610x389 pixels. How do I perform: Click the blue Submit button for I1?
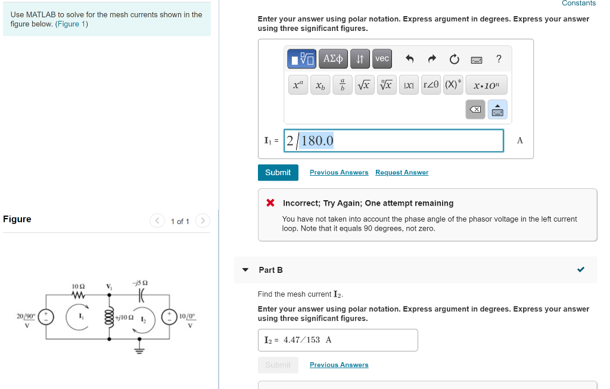pos(278,172)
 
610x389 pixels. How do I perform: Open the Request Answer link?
pos(402,173)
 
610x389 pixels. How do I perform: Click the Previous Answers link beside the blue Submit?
pos(339,173)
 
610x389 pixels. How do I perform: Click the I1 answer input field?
pos(393,141)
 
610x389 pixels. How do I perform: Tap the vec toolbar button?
pos(382,58)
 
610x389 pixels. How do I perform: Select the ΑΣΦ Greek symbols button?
pos(333,58)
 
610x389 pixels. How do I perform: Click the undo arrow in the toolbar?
pos(409,59)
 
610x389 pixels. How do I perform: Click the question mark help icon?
pos(499,58)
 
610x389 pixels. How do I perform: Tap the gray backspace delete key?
pos(475,110)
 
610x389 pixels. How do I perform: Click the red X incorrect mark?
pos(270,203)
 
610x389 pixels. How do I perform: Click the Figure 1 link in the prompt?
pos(71,24)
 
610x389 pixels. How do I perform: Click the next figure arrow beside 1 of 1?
pos(203,221)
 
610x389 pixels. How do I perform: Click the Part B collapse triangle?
pos(245,270)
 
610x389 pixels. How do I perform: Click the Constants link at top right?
pos(578,4)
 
